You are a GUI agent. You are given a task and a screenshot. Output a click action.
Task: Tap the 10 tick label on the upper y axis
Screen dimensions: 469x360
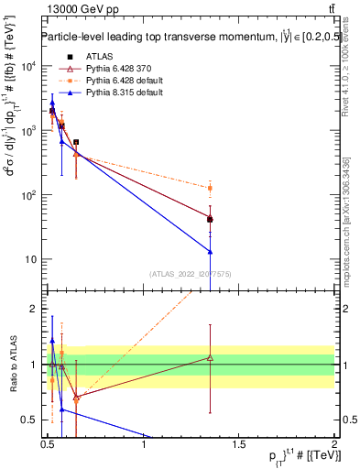33,259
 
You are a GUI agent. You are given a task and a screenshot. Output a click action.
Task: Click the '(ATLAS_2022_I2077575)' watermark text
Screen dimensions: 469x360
191,273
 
